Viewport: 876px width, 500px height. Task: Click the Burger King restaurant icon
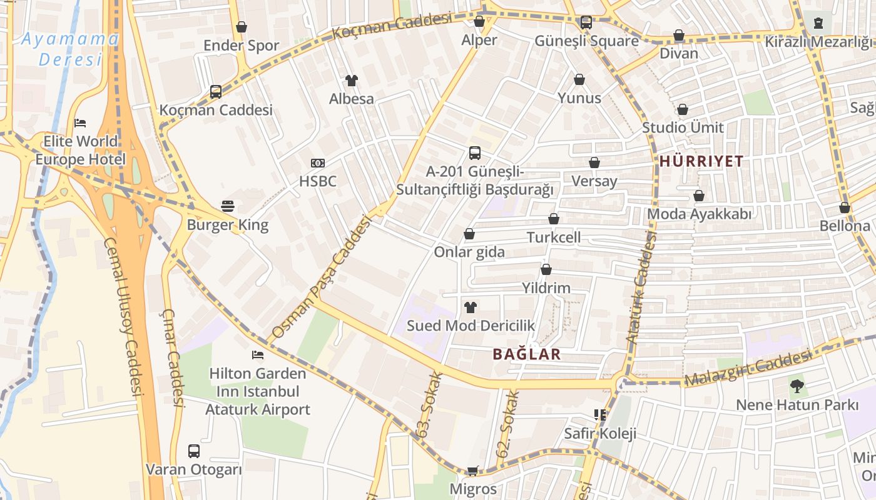click(228, 206)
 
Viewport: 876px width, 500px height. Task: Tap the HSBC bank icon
click(318, 163)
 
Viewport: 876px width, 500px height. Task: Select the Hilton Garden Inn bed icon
click(257, 355)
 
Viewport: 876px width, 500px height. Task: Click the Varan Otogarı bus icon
click(194, 451)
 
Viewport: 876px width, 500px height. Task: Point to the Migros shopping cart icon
click(473, 471)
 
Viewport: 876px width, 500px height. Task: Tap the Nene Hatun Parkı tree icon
click(797, 386)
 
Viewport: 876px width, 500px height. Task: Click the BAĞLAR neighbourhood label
click(526, 354)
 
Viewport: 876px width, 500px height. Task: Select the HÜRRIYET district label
click(701, 161)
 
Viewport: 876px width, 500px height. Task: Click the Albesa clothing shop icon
click(352, 80)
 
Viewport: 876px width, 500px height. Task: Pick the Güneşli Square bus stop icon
click(586, 22)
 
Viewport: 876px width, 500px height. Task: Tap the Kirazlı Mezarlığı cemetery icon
click(818, 23)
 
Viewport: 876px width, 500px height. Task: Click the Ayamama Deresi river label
click(70, 49)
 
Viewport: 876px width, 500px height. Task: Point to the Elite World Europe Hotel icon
click(80, 122)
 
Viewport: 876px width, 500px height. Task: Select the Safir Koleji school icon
click(600, 414)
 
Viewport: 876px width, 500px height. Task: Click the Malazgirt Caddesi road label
click(748, 369)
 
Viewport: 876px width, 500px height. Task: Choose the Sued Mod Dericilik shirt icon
click(471, 307)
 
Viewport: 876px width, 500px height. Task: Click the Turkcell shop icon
click(553, 219)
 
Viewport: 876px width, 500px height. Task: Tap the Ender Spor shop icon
click(242, 27)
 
